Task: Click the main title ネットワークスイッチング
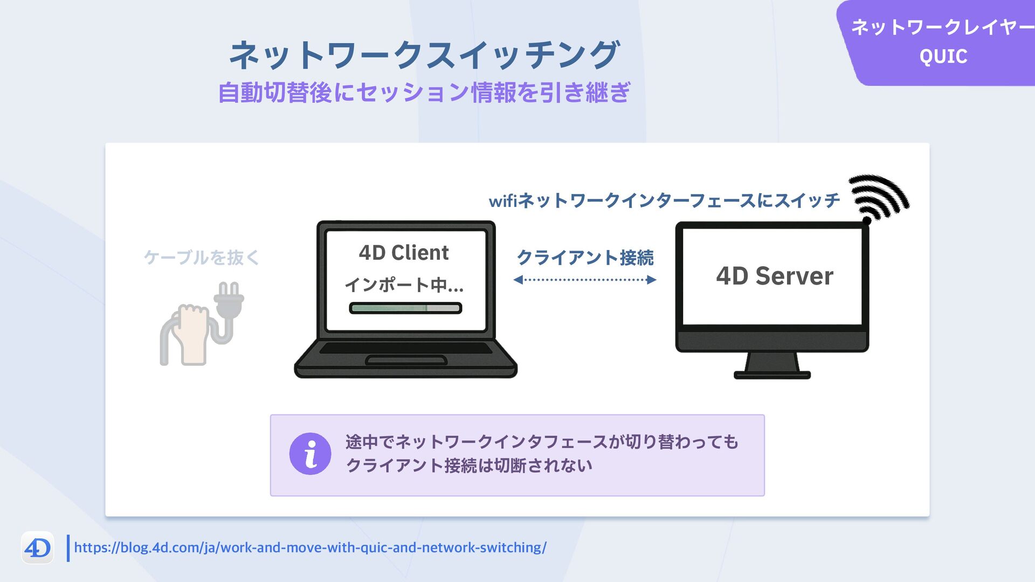424,55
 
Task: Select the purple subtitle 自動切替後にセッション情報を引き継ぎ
424,93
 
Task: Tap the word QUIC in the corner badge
943,57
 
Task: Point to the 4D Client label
404,253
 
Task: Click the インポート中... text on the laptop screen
404,285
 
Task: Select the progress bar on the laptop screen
405,308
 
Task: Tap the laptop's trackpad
406,360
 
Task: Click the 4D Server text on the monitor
774,276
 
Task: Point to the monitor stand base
772,375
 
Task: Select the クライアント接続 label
585,258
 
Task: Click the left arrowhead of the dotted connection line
518,280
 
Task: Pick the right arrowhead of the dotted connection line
652,280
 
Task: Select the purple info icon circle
310,454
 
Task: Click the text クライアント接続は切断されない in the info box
469,466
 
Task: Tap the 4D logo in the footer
37,548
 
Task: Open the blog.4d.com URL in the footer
310,548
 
